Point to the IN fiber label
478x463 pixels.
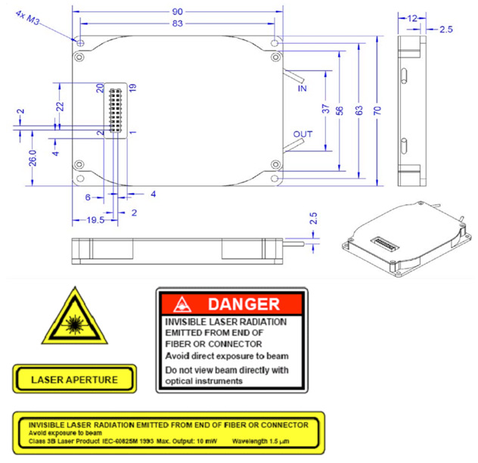point(303,89)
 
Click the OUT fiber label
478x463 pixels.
point(303,135)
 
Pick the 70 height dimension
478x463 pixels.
point(377,110)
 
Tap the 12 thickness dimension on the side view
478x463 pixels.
point(412,17)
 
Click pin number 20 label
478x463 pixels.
point(100,88)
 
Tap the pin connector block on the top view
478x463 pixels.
point(116,110)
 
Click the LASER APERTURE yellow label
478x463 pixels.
point(74,378)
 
